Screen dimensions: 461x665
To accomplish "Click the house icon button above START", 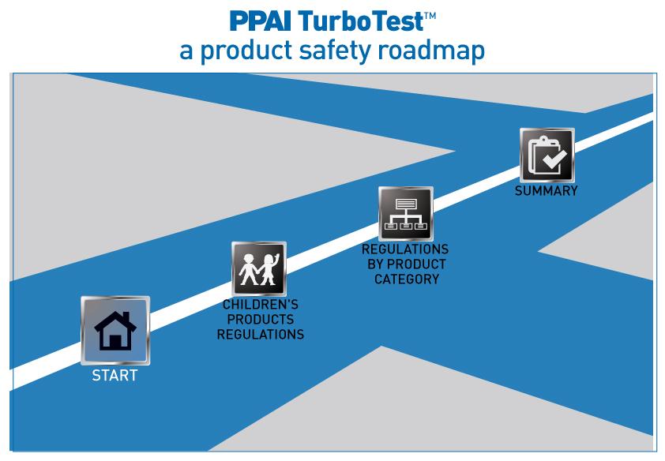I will pyautogui.click(x=115, y=331).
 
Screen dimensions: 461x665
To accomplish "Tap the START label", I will pyautogui.click(x=115, y=376).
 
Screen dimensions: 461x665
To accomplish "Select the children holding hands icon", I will pyautogui.click(x=259, y=269).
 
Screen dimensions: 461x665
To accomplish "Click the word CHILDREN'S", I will pyautogui.click(x=260, y=305).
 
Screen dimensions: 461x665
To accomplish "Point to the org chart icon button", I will pyautogui.click(x=405, y=214).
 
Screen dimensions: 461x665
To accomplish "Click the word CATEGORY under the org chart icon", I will pyautogui.click(x=406, y=279).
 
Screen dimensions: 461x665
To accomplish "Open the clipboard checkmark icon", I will pyautogui.click(x=547, y=156).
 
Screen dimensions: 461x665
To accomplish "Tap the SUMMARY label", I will pyautogui.click(x=546, y=191).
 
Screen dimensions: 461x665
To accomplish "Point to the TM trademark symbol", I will pyautogui.click(x=426, y=11).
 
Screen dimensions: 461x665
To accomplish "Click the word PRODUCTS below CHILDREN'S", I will pyautogui.click(x=260, y=320).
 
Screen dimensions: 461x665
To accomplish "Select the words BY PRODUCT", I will pyautogui.click(x=406, y=264).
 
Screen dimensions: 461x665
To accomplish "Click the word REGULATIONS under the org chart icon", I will pyautogui.click(x=405, y=249).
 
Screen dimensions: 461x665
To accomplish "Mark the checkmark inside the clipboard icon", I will pyautogui.click(x=552, y=161).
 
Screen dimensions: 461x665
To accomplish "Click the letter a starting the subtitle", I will pyautogui.click(x=186, y=51).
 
